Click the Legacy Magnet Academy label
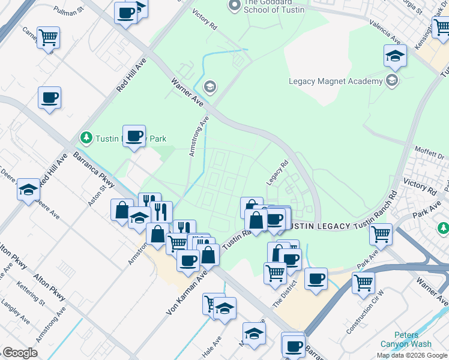[336, 81]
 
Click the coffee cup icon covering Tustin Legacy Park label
[134, 136]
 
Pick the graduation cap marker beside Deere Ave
[28, 190]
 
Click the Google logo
[20, 353]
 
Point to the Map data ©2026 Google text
[412, 355]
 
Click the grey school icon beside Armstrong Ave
[209, 88]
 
